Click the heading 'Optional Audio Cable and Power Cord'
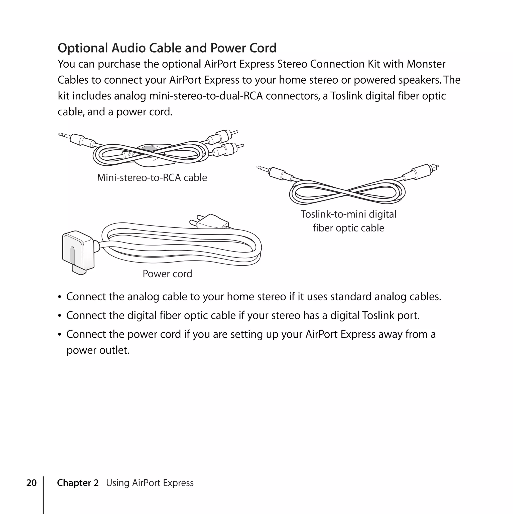(x=167, y=48)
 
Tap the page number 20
(x=31, y=483)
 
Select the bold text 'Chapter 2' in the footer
(x=77, y=483)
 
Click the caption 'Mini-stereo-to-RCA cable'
(x=152, y=177)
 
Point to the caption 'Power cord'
(x=167, y=274)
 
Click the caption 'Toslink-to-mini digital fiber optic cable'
(x=348, y=221)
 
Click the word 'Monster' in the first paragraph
(x=426, y=64)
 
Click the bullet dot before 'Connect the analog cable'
(x=60, y=297)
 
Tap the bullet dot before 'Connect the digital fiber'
(x=60, y=316)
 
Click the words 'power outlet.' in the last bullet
(x=98, y=350)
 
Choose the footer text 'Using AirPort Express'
(x=150, y=483)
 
